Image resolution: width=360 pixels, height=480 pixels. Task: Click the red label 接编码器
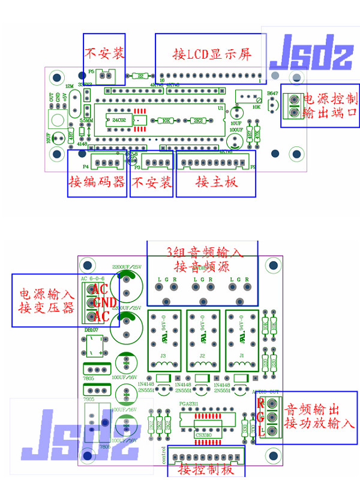(x=97, y=182)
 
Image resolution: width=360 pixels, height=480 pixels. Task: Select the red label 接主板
(x=217, y=182)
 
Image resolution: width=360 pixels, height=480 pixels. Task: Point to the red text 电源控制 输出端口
(x=330, y=106)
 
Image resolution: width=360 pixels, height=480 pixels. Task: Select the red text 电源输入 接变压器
(x=46, y=301)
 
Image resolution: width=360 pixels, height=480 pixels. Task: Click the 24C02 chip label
(x=119, y=121)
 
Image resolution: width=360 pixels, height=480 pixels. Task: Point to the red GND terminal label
(x=104, y=302)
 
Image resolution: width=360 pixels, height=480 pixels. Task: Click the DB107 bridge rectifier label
(x=91, y=330)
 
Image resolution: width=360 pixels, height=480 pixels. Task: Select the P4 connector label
(x=85, y=166)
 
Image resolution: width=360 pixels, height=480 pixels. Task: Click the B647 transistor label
(x=272, y=94)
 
